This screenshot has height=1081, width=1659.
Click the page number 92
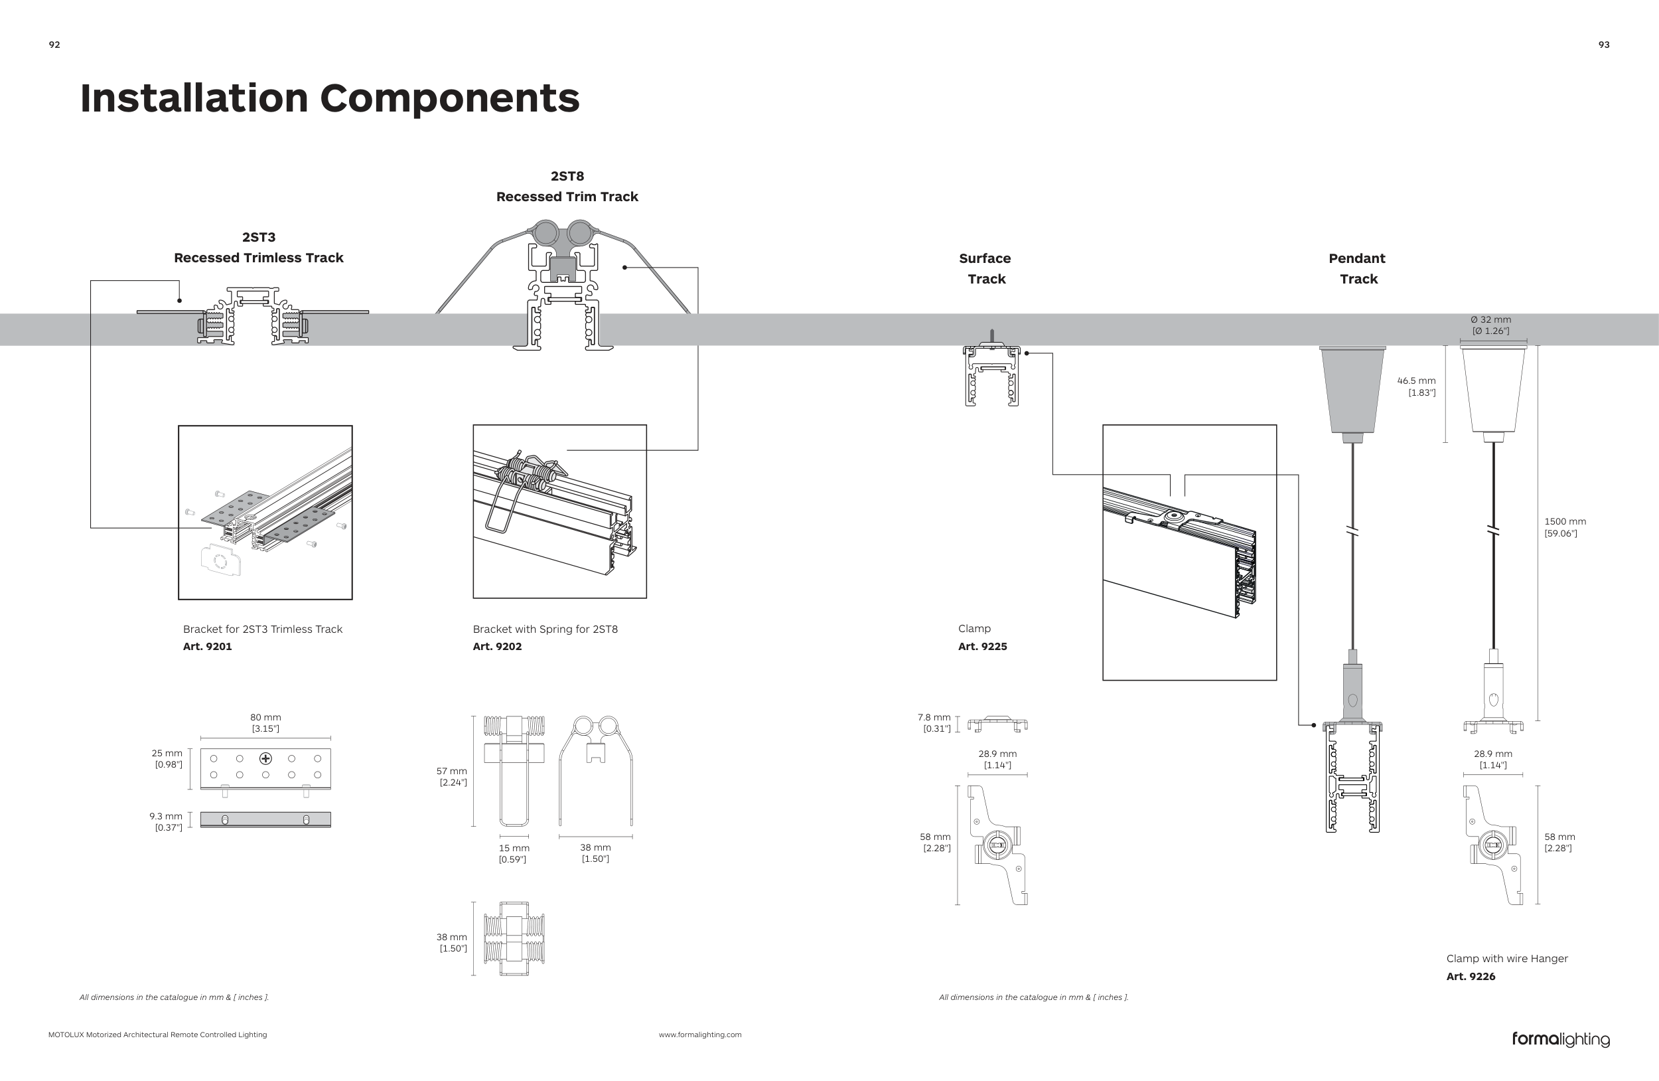coord(54,44)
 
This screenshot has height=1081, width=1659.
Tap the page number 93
coord(1604,44)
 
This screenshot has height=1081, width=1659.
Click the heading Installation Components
coord(330,98)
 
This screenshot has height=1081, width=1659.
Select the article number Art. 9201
coord(207,647)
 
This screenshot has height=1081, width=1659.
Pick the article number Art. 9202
coord(497,647)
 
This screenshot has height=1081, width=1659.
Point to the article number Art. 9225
coord(982,647)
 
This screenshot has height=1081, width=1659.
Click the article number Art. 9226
coord(1471,976)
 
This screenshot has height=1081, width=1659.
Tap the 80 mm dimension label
coord(265,718)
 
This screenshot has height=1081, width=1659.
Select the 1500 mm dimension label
coord(1565,522)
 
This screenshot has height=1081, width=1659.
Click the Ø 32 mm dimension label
coord(1491,319)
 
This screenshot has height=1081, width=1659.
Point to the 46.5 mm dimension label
coord(1416,380)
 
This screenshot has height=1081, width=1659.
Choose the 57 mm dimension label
coord(452,772)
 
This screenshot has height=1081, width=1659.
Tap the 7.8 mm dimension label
coord(934,718)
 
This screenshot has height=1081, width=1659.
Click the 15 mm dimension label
coord(514,848)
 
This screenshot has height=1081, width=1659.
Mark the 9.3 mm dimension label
coord(166,816)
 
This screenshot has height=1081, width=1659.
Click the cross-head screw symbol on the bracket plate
coord(265,758)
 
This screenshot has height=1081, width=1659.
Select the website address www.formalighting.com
coord(700,1035)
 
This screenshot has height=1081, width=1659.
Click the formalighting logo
coord(1561,1039)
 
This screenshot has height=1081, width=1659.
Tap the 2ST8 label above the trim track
coord(567,177)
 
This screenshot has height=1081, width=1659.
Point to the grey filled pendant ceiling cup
coord(1352,390)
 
